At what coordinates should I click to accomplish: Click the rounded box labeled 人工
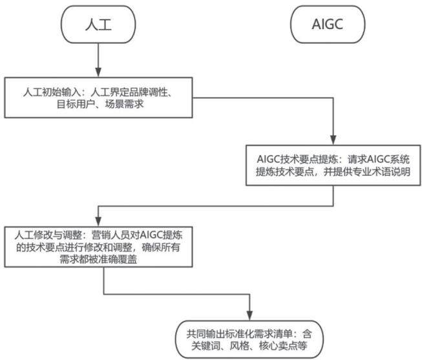[98, 25]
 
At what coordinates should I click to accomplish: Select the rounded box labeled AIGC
[328, 25]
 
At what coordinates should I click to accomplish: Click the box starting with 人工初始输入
[98, 98]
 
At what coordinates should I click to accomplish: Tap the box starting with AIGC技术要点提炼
[333, 165]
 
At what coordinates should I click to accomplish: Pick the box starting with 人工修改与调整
[98, 247]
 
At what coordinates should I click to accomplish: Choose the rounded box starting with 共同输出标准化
[249, 339]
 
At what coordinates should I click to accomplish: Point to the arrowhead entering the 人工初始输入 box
[98, 72]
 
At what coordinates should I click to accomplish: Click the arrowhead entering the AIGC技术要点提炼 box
[333, 140]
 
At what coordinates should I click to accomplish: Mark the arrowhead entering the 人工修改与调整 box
[98, 222]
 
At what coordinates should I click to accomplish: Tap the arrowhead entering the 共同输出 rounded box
[249, 315]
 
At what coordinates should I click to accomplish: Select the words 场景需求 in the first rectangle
[124, 104]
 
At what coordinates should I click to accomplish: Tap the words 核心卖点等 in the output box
[283, 346]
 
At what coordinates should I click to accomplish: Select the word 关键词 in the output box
[206, 346]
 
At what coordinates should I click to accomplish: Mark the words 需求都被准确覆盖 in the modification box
[98, 259]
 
